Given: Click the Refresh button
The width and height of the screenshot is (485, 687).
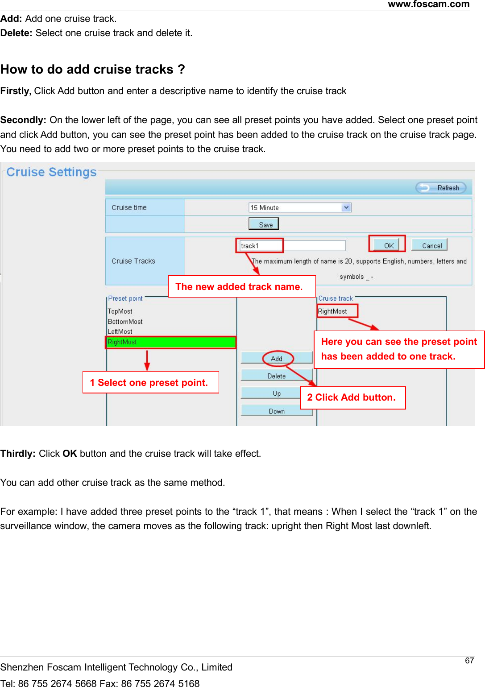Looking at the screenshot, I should point(441,188).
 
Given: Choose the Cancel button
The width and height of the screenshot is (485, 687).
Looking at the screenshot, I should point(429,245).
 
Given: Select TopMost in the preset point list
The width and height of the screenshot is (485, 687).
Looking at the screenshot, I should point(120,311).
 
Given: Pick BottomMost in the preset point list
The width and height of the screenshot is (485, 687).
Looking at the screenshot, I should point(125,322).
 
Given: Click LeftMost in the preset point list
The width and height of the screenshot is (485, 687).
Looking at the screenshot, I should point(120,331).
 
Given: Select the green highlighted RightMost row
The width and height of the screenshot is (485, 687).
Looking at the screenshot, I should point(171,342).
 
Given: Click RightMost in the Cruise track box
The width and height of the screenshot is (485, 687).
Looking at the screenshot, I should point(333,311).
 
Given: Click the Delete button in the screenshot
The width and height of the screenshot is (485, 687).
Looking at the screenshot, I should point(276,376).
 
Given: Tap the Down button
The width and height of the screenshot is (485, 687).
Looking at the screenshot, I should point(277,411).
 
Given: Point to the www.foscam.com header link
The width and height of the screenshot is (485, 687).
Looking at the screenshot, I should point(428,4).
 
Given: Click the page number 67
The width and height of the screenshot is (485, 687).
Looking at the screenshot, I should point(469,661).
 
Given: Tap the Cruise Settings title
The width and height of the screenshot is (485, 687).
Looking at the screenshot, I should point(51,172).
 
